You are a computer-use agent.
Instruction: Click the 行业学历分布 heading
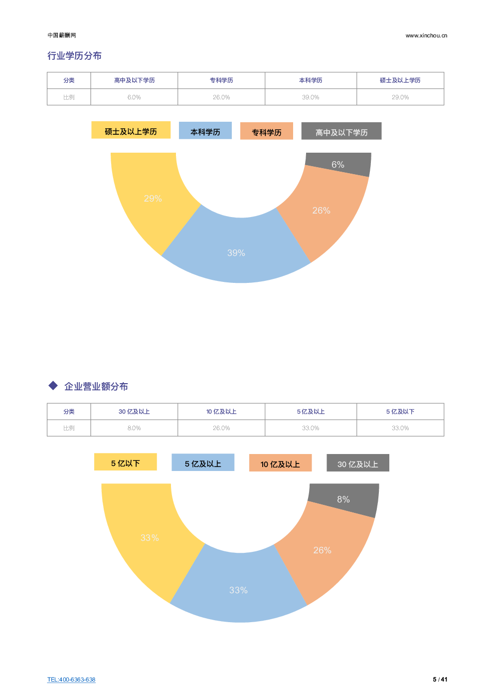click(x=74, y=56)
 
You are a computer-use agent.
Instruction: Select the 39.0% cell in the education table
click(x=311, y=97)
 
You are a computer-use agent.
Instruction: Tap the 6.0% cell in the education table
click(x=134, y=97)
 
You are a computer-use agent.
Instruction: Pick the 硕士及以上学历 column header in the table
click(x=400, y=80)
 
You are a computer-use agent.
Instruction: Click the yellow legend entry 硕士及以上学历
click(x=131, y=131)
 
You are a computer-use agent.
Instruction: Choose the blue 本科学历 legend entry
click(x=205, y=131)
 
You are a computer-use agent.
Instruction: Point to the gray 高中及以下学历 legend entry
click(x=341, y=132)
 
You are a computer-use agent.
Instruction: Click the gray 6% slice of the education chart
click(x=338, y=164)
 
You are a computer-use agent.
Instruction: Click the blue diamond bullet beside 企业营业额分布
click(x=53, y=386)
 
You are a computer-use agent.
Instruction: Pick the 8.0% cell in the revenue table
click(x=134, y=428)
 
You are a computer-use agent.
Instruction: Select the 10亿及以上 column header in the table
click(x=221, y=412)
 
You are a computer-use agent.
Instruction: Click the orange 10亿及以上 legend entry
click(x=280, y=464)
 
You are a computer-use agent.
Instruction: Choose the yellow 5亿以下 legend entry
click(x=125, y=463)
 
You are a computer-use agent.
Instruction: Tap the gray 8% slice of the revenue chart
click(x=343, y=499)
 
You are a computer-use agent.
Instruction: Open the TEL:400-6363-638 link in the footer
click(x=71, y=680)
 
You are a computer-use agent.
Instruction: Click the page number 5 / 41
click(x=440, y=680)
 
